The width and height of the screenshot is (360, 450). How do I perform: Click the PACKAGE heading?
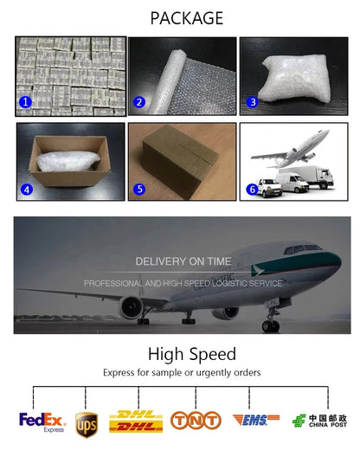[187, 18]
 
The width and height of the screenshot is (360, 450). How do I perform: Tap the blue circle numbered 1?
[25, 102]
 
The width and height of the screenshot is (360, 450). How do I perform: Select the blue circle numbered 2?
[139, 102]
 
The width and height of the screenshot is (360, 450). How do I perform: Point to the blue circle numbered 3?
[253, 102]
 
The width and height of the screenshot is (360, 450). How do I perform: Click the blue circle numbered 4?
[27, 190]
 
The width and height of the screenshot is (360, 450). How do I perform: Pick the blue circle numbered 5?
[139, 189]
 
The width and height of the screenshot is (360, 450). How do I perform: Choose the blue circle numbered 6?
[253, 190]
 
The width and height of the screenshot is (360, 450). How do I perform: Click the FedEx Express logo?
[42, 422]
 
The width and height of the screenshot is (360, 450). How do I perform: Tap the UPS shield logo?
[87, 425]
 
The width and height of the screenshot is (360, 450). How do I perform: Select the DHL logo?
[136, 421]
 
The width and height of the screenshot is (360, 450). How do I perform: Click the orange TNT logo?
[196, 421]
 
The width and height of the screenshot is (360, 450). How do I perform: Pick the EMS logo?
[256, 420]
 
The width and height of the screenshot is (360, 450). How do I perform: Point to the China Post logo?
[319, 421]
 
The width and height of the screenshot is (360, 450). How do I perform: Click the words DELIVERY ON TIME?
[183, 261]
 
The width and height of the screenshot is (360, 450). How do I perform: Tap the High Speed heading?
[192, 354]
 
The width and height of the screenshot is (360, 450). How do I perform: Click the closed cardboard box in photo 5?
[180, 162]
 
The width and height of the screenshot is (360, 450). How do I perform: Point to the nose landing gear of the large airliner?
[271, 319]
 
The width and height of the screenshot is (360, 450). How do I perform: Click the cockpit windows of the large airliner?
[303, 248]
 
